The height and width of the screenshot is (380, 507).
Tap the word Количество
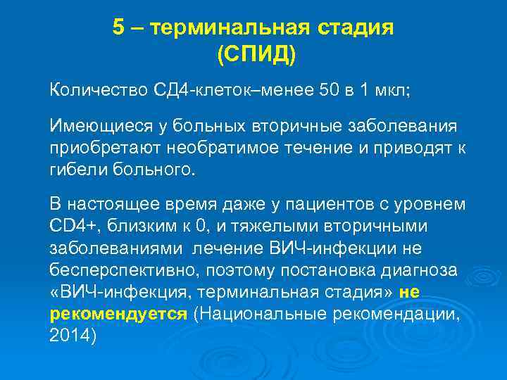pos(95,90)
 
